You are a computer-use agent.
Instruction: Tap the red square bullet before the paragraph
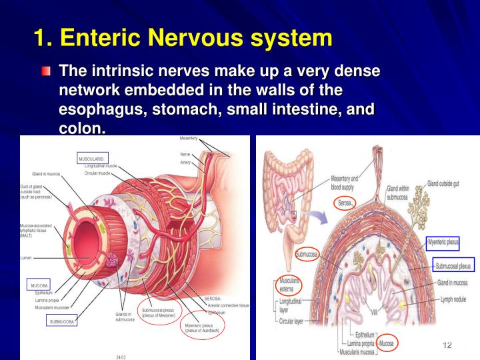(45, 71)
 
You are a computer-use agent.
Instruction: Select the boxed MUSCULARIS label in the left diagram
(91, 159)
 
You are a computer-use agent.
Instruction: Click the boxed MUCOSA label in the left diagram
(39, 285)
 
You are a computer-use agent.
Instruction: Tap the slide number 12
(447, 345)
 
